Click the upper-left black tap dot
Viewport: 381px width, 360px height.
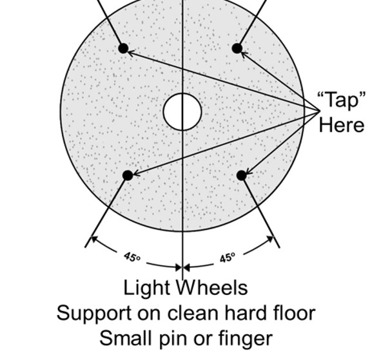click(x=123, y=48)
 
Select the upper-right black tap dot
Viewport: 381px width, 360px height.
click(x=237, y=48)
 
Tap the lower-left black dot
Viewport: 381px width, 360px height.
click(x=128, y=175)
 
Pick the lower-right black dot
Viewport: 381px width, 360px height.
click(x=242, y=175)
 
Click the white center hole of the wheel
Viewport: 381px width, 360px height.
click(x=182, y=111)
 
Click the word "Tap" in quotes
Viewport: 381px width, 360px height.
click(x=342, y=100)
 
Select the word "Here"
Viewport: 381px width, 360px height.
click(x=342, y=126)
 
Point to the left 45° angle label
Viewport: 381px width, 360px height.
click(x=132, y=257)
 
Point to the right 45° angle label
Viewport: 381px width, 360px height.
click(x=228, y=258)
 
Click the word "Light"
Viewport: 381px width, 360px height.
click(x=146, y=288)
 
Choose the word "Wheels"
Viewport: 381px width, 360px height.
click(x=211, y=288)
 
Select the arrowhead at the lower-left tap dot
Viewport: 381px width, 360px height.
click(x=136, y=173)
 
